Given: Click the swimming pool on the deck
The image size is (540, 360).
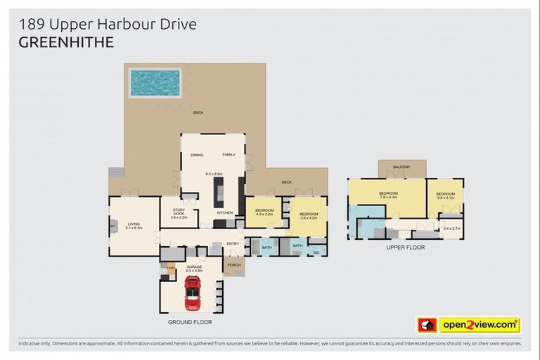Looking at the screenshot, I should (x=155, y=82).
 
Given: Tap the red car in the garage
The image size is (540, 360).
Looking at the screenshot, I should (x=191, y=292).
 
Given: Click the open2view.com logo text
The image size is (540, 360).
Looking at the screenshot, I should (x=479, y=325).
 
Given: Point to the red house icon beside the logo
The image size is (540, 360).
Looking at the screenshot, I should (x=427, y=325).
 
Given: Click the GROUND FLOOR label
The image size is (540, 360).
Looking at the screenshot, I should (x=189, y=322).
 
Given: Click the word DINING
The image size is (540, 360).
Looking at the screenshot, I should (x=197, y=155).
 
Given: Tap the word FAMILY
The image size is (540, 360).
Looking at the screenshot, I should (x=229, y=155).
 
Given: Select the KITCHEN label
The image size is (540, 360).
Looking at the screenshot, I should (x=224, y=212).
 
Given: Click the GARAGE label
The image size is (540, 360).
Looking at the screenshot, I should (x=194, y=267).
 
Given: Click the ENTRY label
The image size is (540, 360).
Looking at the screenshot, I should (x=233, y=244).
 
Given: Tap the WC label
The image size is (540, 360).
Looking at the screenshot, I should (x=316, y=252).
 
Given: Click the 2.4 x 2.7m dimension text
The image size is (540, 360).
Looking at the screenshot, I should (x=451, y=229).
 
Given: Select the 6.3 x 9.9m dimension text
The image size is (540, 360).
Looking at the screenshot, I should (x=214, y=174).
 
